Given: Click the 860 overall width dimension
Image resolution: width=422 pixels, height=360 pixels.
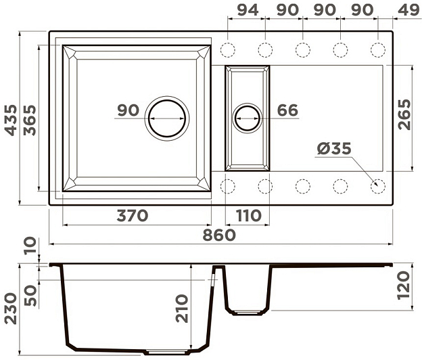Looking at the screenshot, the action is click(x=219, y=235).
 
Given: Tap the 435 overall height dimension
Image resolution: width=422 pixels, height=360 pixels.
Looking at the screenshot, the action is click(x=11, y=120).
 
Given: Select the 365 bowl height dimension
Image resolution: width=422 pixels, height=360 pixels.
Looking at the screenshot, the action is click(x=30, y=120).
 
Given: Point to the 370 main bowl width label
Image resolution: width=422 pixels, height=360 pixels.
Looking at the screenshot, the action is click(x=133, y=216).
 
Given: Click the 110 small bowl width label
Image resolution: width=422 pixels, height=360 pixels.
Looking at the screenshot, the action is click(x=248, y=216).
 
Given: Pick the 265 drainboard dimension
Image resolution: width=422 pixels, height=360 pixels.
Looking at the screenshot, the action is click(x=404, y=115).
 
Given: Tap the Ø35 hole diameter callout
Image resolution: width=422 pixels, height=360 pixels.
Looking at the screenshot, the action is click(x=334, y=149).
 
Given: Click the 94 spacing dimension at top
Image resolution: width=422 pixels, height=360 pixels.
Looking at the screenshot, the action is click(x=248, y=10).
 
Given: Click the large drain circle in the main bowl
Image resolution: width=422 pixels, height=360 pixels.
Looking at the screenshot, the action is click(x=167, y=118).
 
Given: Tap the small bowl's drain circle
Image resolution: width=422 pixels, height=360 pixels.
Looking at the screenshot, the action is click(x=248, y=118).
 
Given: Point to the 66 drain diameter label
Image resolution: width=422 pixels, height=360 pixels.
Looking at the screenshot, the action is click(x=287, y=110).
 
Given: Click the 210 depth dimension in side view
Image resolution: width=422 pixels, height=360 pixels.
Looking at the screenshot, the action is click(x=182, y=309).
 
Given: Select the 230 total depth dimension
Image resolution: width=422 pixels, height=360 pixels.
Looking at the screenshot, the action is click(x=11, y=309).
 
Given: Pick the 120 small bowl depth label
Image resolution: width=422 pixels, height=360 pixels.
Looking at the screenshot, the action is click(x=403, y=286).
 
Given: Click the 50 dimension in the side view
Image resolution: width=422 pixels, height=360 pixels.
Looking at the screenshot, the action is click(x=30, y=296).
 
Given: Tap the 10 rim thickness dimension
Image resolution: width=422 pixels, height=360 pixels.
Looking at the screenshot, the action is click(x=30, y=245).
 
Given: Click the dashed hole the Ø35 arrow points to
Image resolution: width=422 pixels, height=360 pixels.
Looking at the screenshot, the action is click(x=378, y=186).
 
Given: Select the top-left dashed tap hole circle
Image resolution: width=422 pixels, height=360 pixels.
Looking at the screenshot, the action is click(x=228, y=50).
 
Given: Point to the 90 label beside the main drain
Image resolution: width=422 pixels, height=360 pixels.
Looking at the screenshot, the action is click(x=128, y=110).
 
